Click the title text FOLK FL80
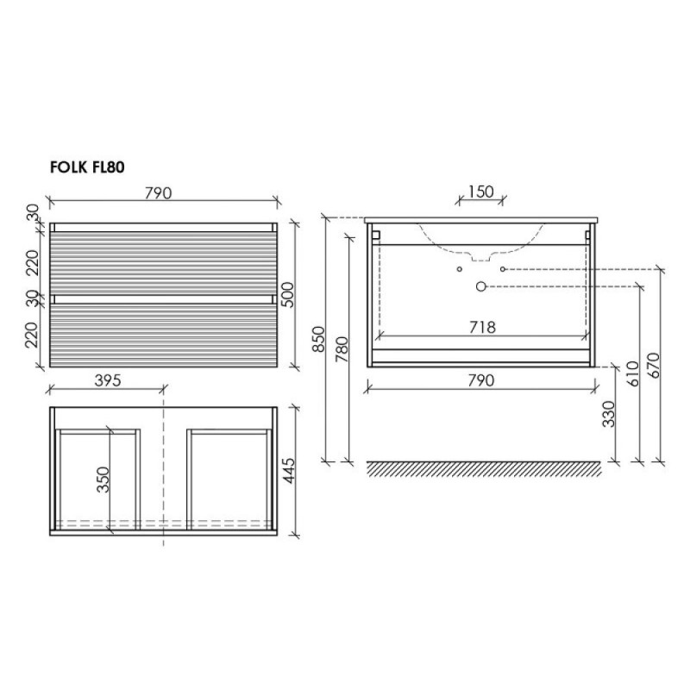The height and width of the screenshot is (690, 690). click(x=87, y=167)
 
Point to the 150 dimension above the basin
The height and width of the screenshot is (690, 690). click(x=480, y=191)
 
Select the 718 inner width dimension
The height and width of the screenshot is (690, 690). click(x=482, y=328)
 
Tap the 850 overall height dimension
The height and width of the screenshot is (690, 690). click(x=318, y=339)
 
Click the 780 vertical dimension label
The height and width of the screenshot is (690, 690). click(x=342, y=349)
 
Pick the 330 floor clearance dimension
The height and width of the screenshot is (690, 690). click(x=609, y=414)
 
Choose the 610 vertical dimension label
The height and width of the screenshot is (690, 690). click(x=633, y=373)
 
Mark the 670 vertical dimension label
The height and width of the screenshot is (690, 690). click(x=655, y=366)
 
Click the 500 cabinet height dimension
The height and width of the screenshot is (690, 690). click(x=287, y=295)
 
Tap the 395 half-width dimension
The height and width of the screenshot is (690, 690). click(x=108, y=380)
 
